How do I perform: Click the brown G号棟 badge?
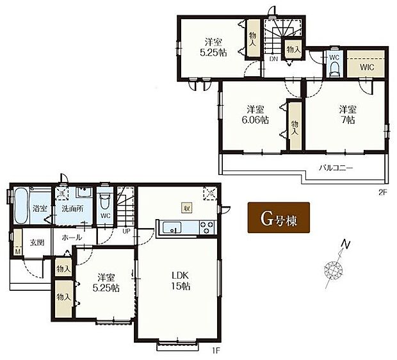[x=279, y=218]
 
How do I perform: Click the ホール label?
[x=71, y=237]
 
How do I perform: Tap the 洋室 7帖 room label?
[x=347, y=113]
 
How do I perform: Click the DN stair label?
[x=273, y=58]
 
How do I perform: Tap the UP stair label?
[x=126, y=231]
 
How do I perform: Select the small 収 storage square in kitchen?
[x=187, y=207]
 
